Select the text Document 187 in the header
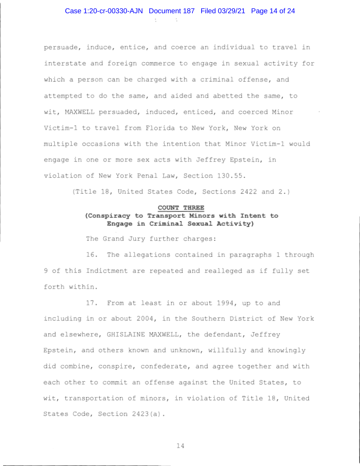[172, 11]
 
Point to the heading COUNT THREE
[181, 208]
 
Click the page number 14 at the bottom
[180, 446]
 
